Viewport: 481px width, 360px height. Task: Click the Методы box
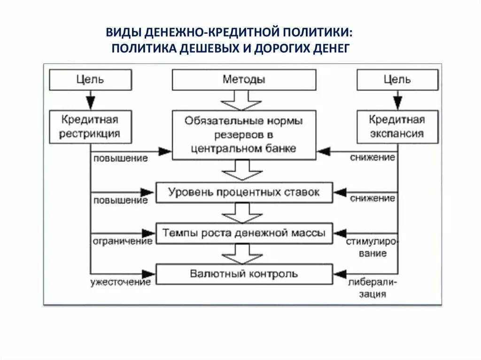point(244,79)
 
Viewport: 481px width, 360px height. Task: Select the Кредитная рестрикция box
point(90,127)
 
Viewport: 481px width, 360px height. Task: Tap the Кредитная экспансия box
point(397,127)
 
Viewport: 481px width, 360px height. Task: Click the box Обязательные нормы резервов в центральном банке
point(244,135)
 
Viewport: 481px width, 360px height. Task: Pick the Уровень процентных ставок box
point(244,192)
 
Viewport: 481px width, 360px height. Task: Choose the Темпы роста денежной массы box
point(244,233)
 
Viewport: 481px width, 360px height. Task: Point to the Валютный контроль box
point(244,274)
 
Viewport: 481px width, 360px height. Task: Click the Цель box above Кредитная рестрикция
point(90,79)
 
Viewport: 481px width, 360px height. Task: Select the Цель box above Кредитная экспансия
point(397,79)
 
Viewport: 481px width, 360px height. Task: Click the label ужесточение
point(121,282)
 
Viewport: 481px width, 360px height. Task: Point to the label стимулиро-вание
point(372,247)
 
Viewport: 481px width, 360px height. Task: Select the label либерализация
point(373,288)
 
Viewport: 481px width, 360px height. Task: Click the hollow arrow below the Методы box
point(241,100)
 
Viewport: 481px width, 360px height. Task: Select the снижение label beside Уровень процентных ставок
point(372,199)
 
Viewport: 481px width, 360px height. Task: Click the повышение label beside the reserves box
point(121,158)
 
